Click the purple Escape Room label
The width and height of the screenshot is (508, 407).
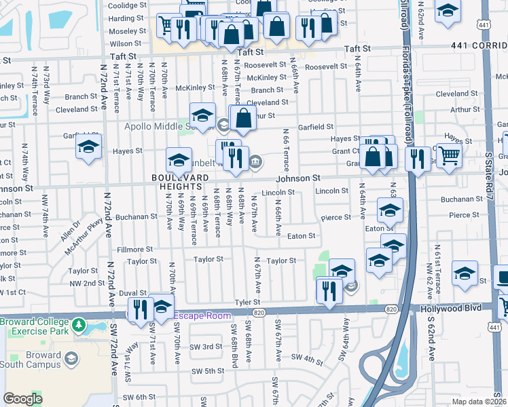[204, 316]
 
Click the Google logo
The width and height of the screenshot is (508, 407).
[22, 398]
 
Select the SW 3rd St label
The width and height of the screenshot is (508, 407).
[207, 347]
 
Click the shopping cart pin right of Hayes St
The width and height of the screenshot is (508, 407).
[448, 155]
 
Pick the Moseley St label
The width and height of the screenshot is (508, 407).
[124, 32]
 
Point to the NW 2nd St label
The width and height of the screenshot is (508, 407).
[86, 283]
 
